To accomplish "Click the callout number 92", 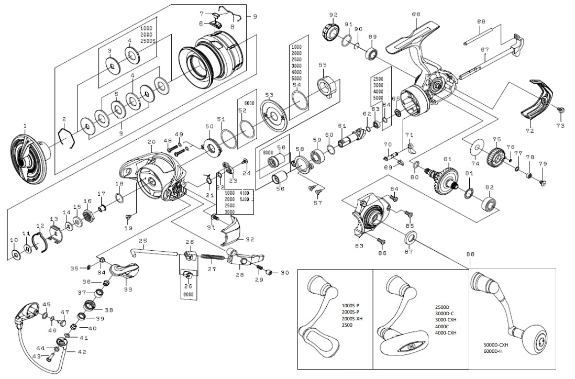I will [x=333, y=15].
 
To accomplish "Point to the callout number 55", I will [x=323, y=65].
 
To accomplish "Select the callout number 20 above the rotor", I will [x=152, y=142].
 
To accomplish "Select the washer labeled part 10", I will [x=16, y=255].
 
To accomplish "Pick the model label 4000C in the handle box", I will [x=443, y=326].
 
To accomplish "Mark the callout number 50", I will [x=209, y=127].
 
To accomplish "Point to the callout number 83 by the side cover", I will [x=359, y=245].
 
